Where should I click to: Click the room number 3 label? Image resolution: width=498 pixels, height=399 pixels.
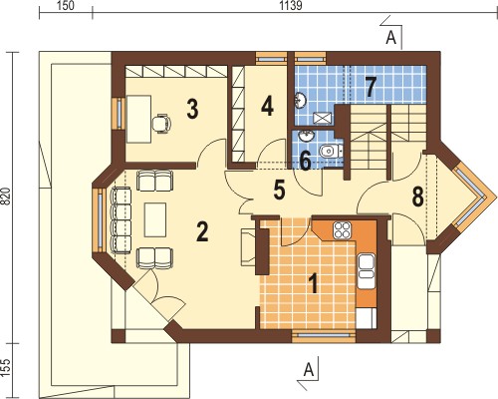click(x=192, y=110)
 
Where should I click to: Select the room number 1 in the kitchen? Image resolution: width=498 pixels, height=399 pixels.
click(x=313, y=284)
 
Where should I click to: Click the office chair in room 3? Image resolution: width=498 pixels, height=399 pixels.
click(x=161, y=124)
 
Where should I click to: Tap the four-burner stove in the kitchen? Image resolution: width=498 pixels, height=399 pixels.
click(x=343, y=229)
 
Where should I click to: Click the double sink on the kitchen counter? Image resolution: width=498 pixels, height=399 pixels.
click(x=367, y=266)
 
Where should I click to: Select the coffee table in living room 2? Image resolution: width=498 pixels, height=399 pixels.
click(x=155, y=219)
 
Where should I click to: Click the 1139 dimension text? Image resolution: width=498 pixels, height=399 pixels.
click(x=291, y=6)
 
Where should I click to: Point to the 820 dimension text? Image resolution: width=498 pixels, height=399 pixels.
click(x=8, y=198)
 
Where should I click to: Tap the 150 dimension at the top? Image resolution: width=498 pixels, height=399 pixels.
click(x=66, y=6)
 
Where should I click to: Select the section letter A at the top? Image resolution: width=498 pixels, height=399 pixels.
click(x=391, y=38)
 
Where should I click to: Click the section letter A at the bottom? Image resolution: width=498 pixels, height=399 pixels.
click(x=309, y=369)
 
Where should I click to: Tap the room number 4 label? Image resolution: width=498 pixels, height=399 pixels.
click(x=267, y=107)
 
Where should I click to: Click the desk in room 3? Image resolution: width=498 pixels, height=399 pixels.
click(x=138, y=119)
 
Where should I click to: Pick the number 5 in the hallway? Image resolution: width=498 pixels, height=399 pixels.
click(x=279, y=191)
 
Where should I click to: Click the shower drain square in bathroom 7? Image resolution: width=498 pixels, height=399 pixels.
click(x=323, y=118)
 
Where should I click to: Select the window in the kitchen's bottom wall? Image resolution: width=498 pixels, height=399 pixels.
click(x=324, y=335)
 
